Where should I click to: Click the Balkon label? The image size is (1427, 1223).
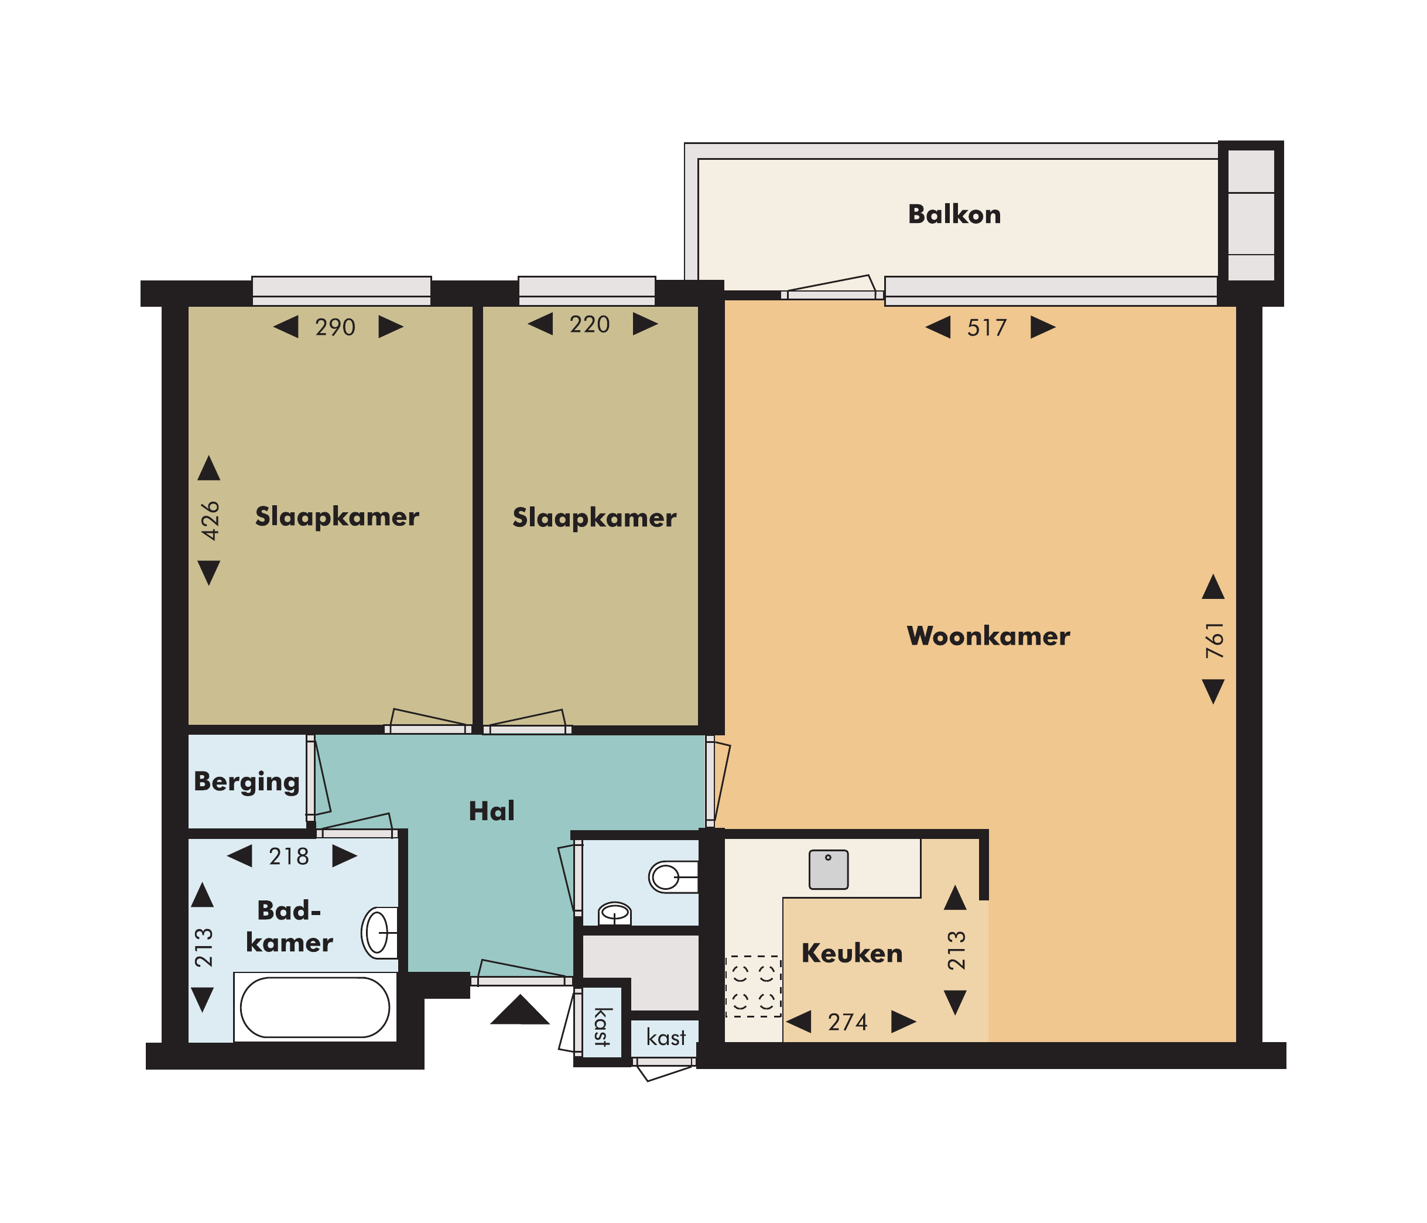point(954,214)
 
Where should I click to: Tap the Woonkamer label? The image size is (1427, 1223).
point(988,636)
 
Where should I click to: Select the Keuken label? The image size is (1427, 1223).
point(852,953)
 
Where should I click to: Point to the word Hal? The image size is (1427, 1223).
point(491,811)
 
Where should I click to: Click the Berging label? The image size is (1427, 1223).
point(247,782)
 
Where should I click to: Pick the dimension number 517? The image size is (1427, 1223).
point(987,328)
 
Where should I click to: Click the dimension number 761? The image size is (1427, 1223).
point(1215,640)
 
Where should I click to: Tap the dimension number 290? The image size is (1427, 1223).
point(336,327)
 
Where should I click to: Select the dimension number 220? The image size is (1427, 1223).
point(590,324)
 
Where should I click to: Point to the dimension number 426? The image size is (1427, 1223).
point(210,520)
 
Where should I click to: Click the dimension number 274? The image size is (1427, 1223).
point(848,1023)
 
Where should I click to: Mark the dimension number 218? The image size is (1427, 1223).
point(289,857)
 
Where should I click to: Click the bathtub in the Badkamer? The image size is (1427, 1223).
point(315,1008)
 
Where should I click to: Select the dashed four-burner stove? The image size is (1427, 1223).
point(754,986)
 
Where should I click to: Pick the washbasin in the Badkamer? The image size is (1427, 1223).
point(379,933)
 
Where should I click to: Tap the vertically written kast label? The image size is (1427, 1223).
point(602,1027)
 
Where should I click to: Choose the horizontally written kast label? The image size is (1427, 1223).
point(666,1037)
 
